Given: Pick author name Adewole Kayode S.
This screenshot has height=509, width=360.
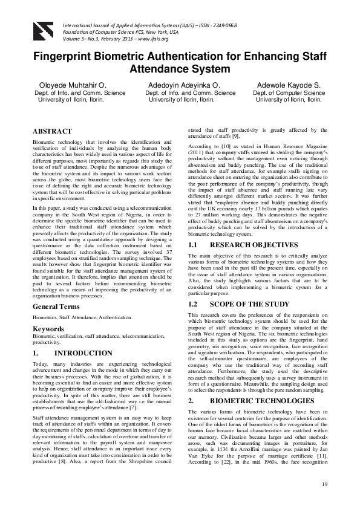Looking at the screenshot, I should click(289, 85).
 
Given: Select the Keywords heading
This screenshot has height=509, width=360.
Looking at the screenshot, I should click(49, 328).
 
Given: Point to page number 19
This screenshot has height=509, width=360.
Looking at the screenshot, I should click(324, 485).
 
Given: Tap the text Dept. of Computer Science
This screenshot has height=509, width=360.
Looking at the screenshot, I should click(289, 93).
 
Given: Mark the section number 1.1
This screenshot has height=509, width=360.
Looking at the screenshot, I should click(195, 245).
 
